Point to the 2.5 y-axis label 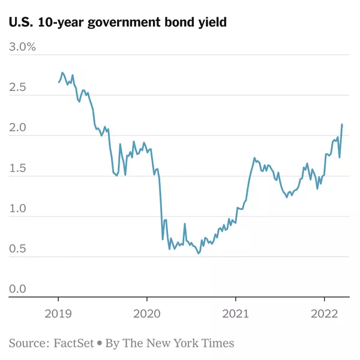click(x=17, y=88)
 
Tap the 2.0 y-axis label click(x=17, y=128)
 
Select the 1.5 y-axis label click(x=17, y=169)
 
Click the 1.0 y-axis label click(x=17, y=209)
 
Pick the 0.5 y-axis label click(x=17, y=250)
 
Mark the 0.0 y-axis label click(x=17, y=290)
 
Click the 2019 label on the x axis click(x=58, y=314)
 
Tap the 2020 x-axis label click(x=147, y=314)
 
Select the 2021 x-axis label click(x=236, y=314)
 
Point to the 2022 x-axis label click(x=325, y=314)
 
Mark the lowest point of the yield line click(x=199, y=254)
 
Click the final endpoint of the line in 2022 click(x=342, y=125)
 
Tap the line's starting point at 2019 click(x=59, y=82)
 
